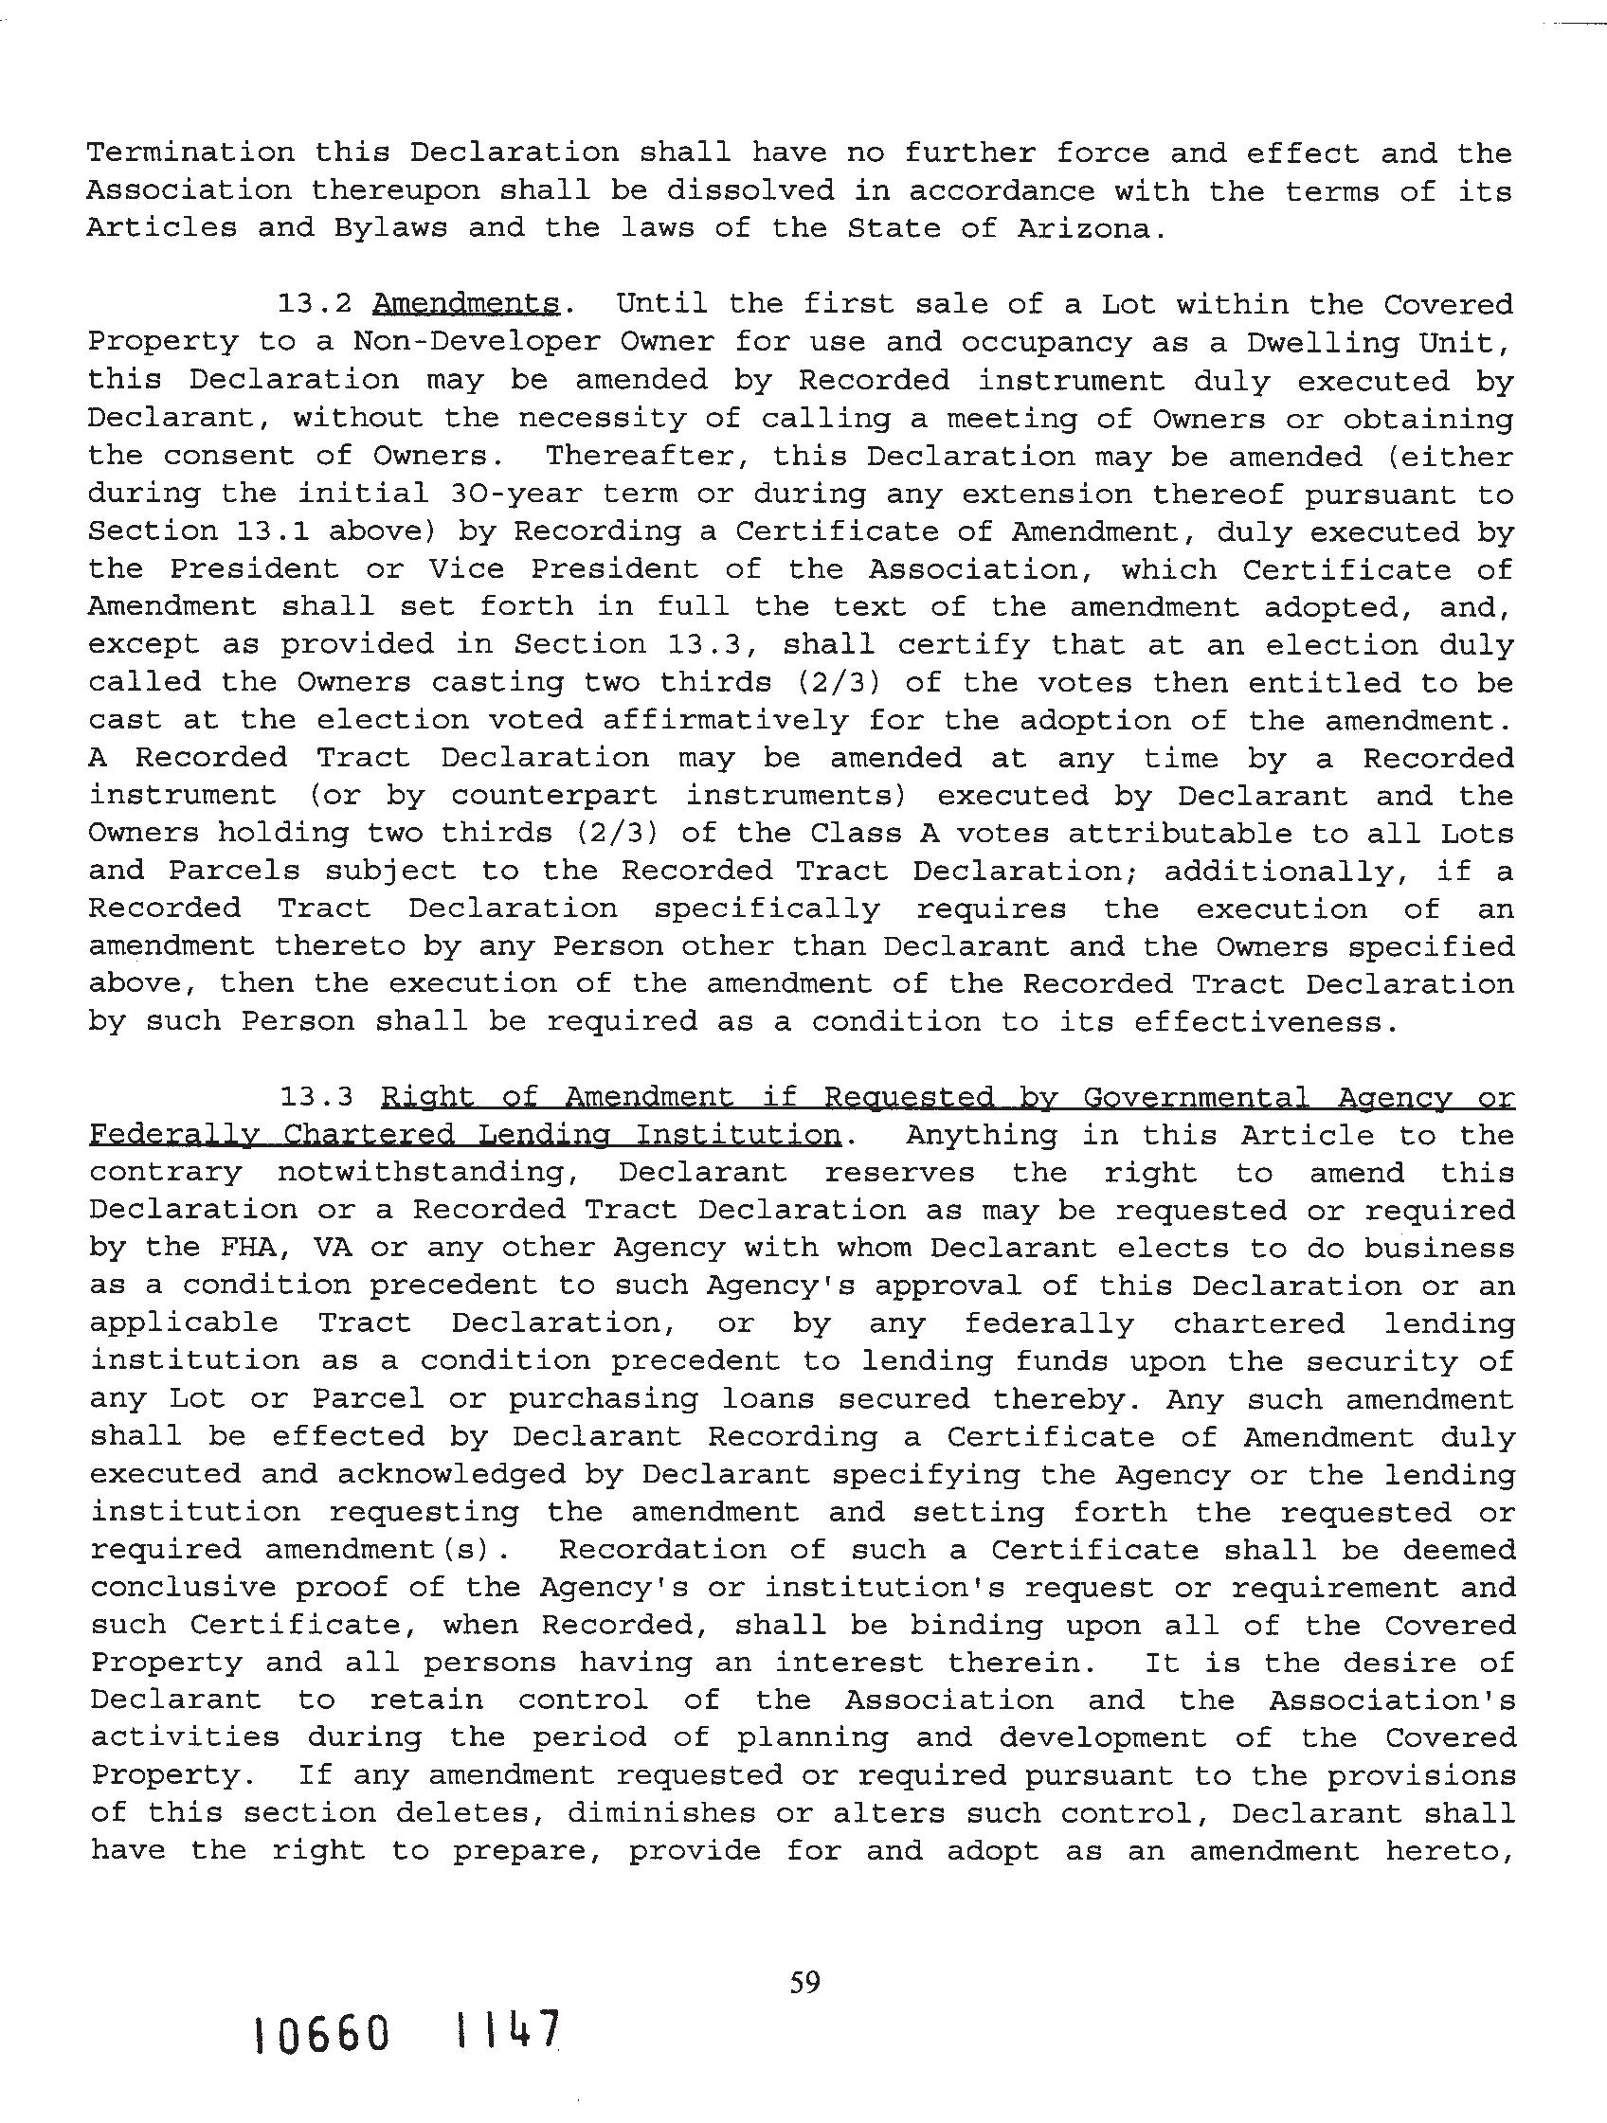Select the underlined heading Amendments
point(466,304)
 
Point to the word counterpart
point(555,796)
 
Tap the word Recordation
point(662,1550)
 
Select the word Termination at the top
point(190,153)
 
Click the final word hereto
point(1449,1851)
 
